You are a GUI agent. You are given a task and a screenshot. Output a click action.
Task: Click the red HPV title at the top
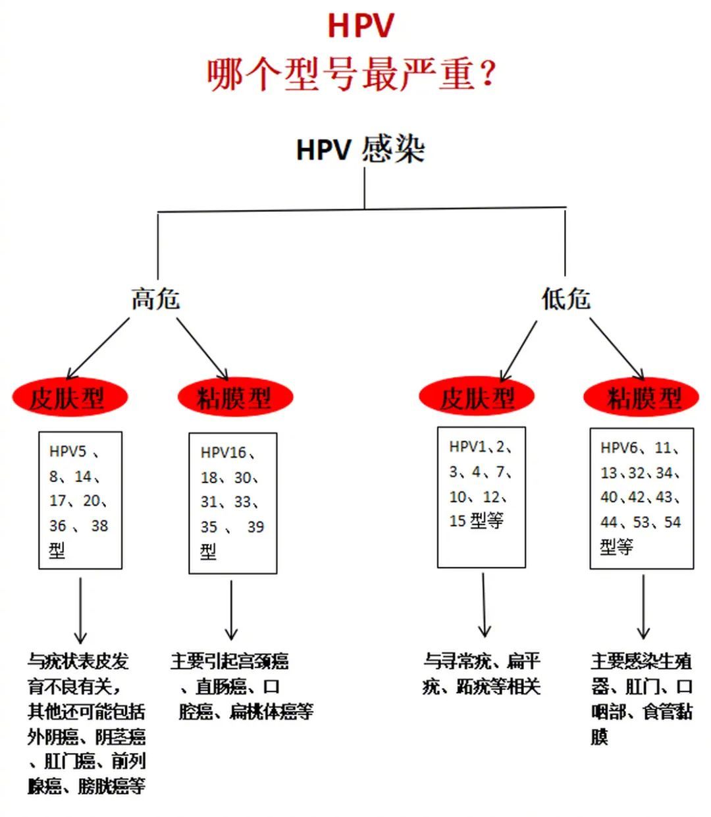(x=360, y=26)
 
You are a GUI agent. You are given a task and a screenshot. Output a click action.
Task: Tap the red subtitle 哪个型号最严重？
(x=351, y=74)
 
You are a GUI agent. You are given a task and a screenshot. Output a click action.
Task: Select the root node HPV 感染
(x=360, y=150)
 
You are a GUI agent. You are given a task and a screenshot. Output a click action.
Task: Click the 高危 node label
(x=155, y=299)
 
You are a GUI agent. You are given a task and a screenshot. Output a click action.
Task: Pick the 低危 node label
(x=566, y=299)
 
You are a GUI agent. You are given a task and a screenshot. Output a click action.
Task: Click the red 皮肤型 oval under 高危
(x=68, y=398)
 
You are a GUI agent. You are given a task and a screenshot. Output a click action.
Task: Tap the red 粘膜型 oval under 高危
(x=235, y=398)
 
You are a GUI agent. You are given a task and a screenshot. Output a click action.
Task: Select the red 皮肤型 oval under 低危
(x=477, y=398)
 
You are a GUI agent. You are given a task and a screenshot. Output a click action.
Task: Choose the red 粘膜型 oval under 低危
(x=642, y=398)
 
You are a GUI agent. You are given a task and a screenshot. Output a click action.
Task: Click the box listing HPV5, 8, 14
(x=80, y=500)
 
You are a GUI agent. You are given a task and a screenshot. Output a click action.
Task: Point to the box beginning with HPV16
(x=233, y=503)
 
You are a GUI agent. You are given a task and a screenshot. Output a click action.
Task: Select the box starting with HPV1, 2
(x=481, y=497)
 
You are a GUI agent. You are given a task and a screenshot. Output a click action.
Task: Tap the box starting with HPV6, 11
(x=641, y=498)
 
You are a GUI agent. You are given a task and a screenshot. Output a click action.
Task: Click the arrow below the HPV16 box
(x=231, y=610)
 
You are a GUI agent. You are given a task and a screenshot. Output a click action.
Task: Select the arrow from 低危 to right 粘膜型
(x=617, y=348)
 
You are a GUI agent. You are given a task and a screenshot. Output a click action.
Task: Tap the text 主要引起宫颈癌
(x=230, y=661)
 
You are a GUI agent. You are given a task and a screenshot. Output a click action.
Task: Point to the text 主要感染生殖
(x=641, y=661)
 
